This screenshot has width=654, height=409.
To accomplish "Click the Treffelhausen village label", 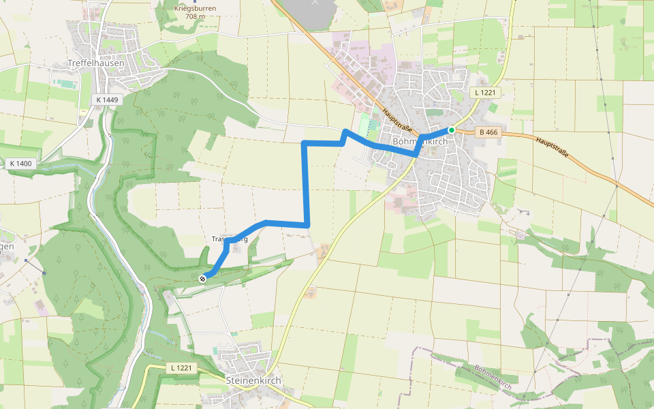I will [x=95, y=63].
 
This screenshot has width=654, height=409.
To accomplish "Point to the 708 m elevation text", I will [x=189, y=16].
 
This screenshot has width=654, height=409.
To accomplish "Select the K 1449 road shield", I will [x=107, y=100].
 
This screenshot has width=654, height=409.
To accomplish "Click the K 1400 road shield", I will [x=21, y=164].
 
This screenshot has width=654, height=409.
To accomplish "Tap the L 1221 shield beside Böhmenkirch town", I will [x=486, y=92].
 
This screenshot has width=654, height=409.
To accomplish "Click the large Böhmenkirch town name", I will [x=420, y=142].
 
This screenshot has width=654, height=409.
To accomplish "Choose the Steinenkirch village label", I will [x=253, y=380].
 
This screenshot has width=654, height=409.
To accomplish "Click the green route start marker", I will [x=451, y=130].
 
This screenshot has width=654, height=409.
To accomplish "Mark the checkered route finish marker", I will [x=202, y=278].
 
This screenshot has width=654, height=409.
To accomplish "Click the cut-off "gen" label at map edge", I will [x=7, y=247].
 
